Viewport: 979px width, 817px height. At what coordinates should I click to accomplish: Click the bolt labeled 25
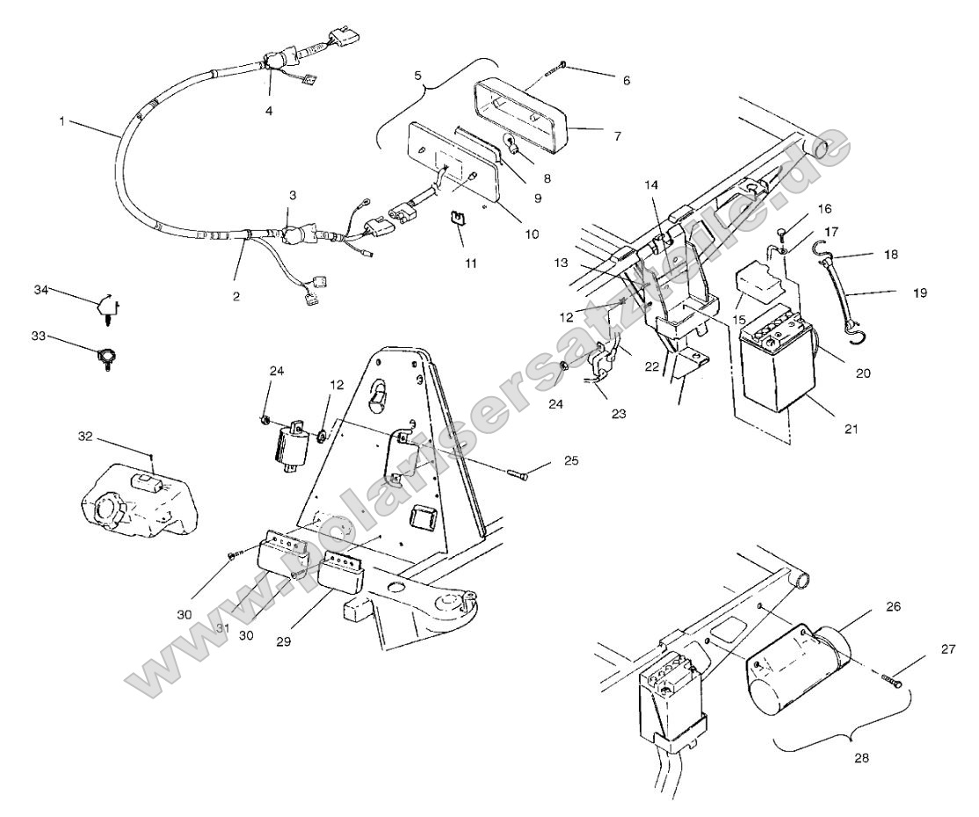click(x=518, y=474)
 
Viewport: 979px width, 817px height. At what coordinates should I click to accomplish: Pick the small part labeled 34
click(x=105, y=308)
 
